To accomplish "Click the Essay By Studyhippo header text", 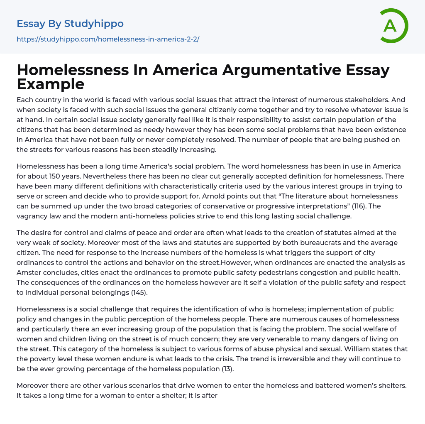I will (70, 24).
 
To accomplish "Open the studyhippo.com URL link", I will (108, 39).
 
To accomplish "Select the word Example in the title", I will (51, 84).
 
